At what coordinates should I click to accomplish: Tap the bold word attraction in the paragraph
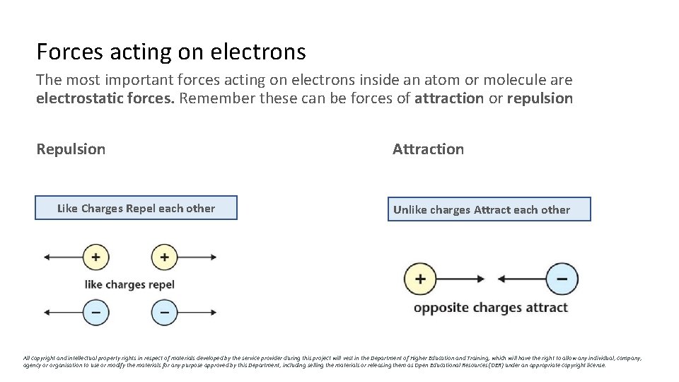click(449, 98)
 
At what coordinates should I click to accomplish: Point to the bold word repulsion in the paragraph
click(540, 98)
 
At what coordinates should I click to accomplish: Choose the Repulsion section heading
click(71, 149)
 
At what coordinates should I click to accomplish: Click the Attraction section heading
click(428, 149)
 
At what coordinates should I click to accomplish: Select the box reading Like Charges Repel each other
click(136, 208)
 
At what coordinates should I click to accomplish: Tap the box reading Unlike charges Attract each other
click(488, 209)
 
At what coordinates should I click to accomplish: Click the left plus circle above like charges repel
click(95, 257)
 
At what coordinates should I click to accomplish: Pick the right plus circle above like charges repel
click(164, 257)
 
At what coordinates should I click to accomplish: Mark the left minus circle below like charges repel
click(95, 311)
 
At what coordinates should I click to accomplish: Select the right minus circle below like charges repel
click(164, 311)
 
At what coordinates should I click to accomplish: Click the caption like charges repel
click(129, 284)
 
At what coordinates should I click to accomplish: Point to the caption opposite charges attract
click(490, 308)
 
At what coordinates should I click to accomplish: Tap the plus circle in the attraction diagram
click(419, 279)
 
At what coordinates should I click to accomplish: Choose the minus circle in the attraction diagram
click(562, 279)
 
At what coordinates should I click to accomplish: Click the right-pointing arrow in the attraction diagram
click(460, 279)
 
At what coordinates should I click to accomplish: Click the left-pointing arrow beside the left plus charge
click(62, 257)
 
